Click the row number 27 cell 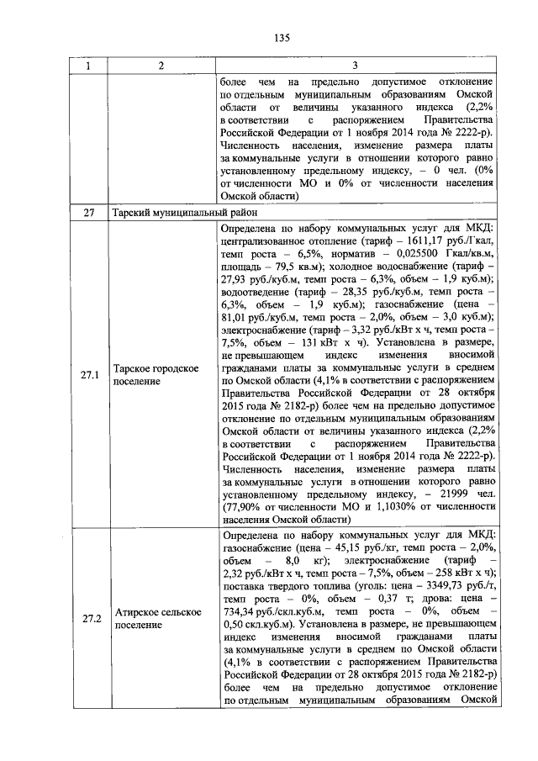(87, 214)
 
